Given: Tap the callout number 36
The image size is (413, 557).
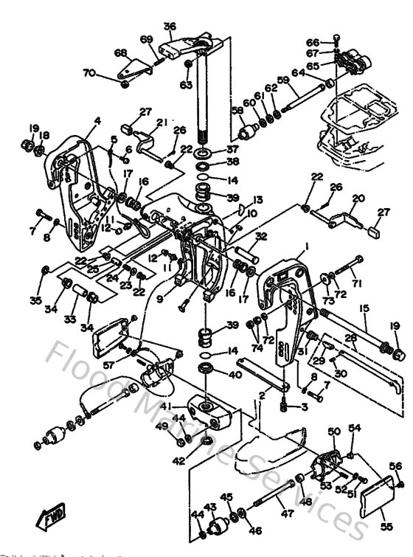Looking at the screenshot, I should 170,27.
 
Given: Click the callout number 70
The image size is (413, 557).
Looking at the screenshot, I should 88,72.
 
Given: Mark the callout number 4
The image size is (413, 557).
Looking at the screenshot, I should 97,120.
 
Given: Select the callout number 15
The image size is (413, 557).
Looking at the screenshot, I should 363,308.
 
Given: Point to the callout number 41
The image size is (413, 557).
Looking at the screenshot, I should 167,405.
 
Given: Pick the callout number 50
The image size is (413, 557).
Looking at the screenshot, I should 333,431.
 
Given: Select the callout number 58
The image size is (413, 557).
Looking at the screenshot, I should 237,111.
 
